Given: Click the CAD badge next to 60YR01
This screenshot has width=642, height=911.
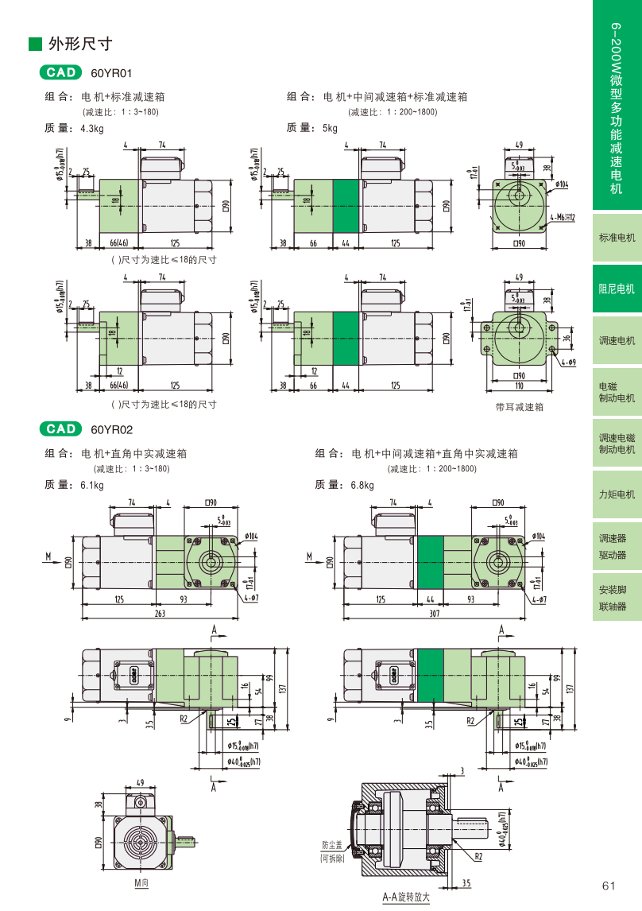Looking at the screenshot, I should [60, 72].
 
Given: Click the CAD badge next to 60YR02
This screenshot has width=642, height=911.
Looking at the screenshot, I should [60, 429].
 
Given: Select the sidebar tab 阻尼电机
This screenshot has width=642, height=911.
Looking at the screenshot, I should [617, 289].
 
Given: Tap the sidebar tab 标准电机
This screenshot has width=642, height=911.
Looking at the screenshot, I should [617, 238].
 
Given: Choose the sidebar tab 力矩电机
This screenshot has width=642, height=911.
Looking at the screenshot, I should [617, 494].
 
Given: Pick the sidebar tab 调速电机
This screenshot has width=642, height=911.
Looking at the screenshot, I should [617, 340].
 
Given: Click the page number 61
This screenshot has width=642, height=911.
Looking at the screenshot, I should [609, 886].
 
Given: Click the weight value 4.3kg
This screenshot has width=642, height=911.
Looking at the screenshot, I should [92, 128].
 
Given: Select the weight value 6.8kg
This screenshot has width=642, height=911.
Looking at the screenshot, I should [362, 485].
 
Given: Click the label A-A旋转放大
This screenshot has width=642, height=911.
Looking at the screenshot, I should [405, 897].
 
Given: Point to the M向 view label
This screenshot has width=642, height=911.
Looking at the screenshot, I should [141, 883].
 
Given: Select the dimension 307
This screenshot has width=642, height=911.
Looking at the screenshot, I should [435, 614].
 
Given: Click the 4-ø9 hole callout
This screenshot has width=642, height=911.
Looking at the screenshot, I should [567, 362].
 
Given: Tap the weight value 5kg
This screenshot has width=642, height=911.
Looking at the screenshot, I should [330, 128].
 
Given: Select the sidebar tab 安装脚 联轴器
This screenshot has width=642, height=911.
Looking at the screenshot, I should [613, 598].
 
